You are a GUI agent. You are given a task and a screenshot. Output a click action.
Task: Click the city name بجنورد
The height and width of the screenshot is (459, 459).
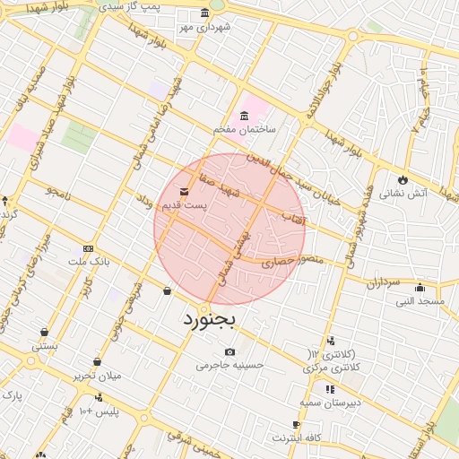click(209, 318)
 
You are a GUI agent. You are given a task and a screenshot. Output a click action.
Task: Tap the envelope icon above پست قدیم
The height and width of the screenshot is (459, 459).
click(184, 192)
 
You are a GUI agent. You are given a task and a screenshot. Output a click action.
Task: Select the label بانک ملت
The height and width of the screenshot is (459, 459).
click(89, 262)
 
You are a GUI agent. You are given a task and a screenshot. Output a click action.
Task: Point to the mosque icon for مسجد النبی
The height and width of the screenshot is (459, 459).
click(420, 288)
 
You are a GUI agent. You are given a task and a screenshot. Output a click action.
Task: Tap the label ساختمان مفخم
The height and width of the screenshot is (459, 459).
click(245, 129)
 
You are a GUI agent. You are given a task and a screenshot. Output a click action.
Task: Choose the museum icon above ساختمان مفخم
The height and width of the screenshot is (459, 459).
click(245, 116)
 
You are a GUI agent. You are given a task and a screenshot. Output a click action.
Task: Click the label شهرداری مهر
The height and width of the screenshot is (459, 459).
click(204, 27)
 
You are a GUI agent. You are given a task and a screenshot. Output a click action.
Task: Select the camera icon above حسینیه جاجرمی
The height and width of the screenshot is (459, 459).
click(230, 351)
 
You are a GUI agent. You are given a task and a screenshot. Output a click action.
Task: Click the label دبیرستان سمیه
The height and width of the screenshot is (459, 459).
click(330, 403)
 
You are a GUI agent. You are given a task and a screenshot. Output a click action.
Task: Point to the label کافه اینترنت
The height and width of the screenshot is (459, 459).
click(297, 437)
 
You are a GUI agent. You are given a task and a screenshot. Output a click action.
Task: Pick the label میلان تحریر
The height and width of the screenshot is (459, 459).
click(97, 376)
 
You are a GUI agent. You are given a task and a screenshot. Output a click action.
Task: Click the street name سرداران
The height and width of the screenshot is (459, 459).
click(381, 282)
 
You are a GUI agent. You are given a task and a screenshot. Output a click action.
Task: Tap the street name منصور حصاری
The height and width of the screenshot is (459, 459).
click(284, 262)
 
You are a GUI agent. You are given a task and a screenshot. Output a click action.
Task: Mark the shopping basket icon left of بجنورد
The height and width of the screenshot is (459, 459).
click(168, 290)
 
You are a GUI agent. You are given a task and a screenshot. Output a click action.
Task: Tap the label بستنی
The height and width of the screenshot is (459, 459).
click(45, 345)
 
